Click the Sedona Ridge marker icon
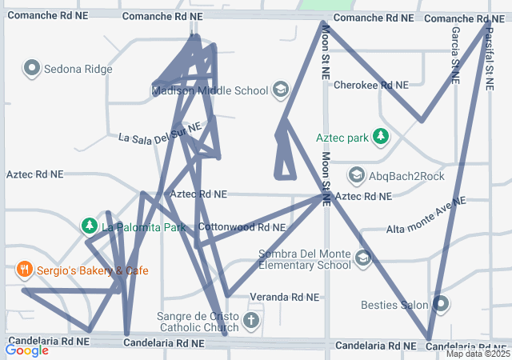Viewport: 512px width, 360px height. (33, 68)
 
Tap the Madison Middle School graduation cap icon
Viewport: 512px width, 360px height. (280, 90)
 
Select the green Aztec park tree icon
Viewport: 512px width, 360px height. (381, 138)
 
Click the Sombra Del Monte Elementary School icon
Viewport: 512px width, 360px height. (363, 258)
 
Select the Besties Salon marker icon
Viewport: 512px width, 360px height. (441, 304)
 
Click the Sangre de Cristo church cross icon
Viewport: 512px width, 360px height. (251, 322)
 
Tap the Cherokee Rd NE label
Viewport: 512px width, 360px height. (370, 85)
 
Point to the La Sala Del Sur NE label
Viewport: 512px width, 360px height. (158, 133)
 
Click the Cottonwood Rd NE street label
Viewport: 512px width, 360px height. (241, 227)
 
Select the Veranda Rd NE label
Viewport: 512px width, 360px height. (284, 297)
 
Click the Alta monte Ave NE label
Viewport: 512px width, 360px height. (426, 218)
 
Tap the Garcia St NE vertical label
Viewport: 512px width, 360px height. (455, 54)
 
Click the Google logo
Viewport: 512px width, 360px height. (26, 350)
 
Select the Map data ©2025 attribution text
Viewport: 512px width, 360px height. (478, 354)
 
